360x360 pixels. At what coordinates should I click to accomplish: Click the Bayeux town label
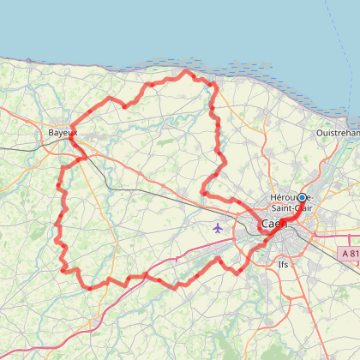click(x=63, y=133)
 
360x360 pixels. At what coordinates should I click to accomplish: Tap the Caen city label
click(x=273, y=224)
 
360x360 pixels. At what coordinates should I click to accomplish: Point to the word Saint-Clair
click(x=290, y=207)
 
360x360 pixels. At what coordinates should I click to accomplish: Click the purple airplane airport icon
click(x=217, y=228)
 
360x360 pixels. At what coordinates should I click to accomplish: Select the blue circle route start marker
click(x=302, y=197)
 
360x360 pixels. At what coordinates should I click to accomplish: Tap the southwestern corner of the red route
click(x=64, y=268)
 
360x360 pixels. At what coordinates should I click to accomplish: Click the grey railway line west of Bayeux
click(x=21, y=147)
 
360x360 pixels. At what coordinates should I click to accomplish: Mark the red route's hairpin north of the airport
click(x=203, y=191)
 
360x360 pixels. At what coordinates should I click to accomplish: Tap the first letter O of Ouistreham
click(x=320, y=134)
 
